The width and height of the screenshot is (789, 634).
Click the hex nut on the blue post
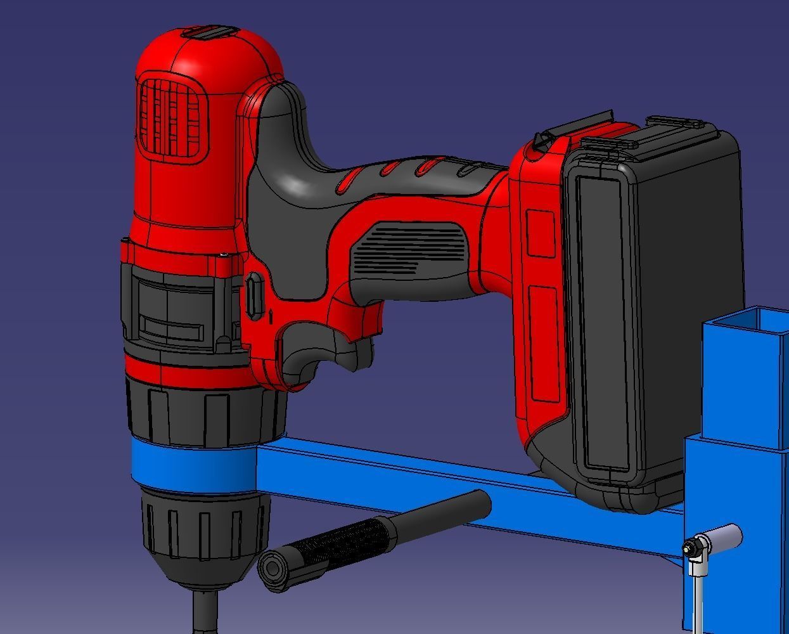(x=693, y=547)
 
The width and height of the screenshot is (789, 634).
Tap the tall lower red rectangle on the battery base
(x=544, y=342)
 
